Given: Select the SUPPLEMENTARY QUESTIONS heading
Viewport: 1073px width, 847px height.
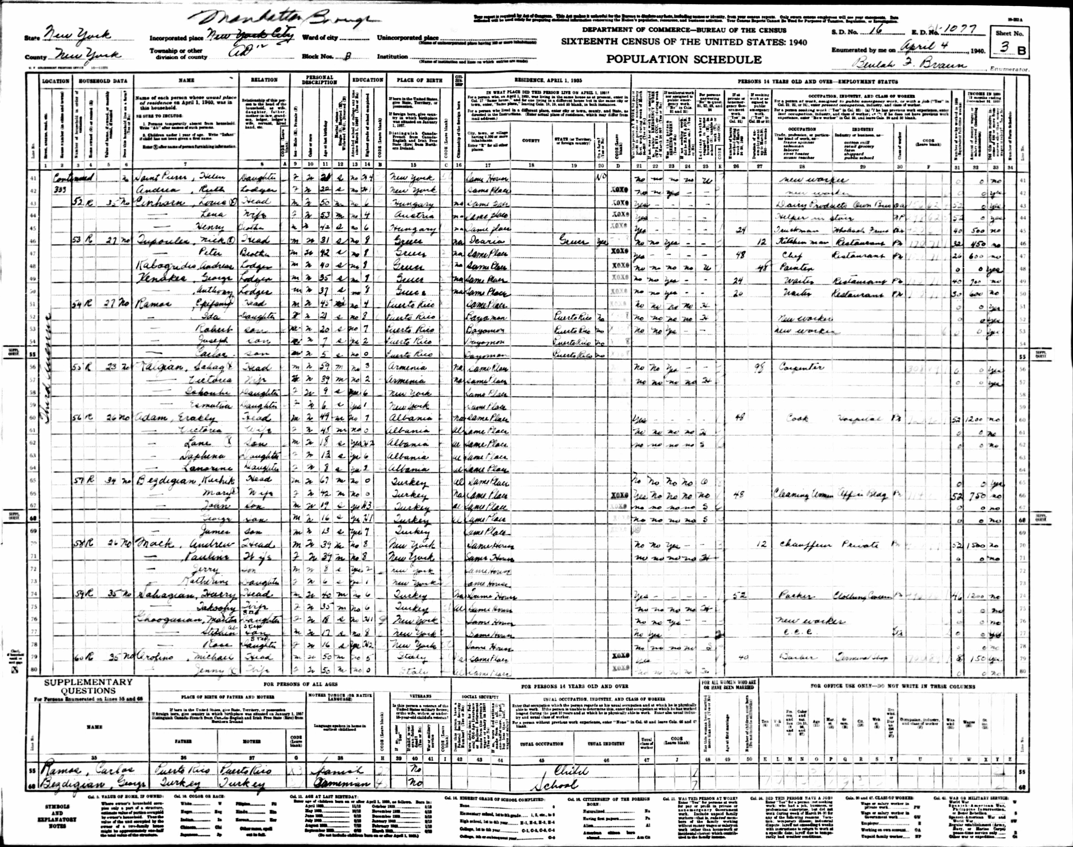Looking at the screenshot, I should pyautogui.click(x=88, y=686).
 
